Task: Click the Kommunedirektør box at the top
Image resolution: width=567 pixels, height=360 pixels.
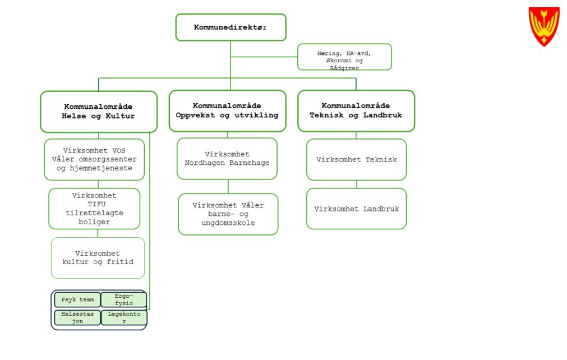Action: coord(231,27)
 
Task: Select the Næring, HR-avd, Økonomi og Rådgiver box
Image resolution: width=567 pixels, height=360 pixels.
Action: coord(344,57)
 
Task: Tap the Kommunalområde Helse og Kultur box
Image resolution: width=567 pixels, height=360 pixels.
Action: coord(99,111)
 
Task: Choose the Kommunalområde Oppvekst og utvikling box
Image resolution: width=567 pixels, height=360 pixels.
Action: coord(227,110)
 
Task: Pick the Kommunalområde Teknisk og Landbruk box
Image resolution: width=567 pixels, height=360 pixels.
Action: coord(356,110)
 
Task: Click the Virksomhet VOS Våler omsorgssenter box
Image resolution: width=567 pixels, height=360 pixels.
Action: coord(94,159)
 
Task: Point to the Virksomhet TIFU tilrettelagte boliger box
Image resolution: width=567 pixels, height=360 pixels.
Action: coord(94,209)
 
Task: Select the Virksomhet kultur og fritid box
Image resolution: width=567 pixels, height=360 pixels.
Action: coord(98,257)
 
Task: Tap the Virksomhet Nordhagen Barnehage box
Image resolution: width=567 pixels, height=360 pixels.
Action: coord(227,159)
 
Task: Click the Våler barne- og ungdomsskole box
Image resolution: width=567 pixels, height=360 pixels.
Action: coord(228,214)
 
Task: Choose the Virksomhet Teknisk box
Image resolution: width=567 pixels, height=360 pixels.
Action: coord(357,160)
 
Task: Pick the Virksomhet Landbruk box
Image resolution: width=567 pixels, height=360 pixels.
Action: coord(357,209)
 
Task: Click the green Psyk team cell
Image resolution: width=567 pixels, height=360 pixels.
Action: coord(77,299)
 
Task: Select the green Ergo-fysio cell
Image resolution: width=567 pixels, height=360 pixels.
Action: coord(123,299)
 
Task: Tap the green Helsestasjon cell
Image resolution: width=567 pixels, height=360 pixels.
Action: coord(77,318)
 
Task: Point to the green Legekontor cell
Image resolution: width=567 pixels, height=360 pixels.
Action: coord(123,318)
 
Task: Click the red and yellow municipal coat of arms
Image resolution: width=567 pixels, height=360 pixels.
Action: coord(544,26)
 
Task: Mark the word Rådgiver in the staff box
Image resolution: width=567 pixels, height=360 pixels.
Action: coord(344,68)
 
